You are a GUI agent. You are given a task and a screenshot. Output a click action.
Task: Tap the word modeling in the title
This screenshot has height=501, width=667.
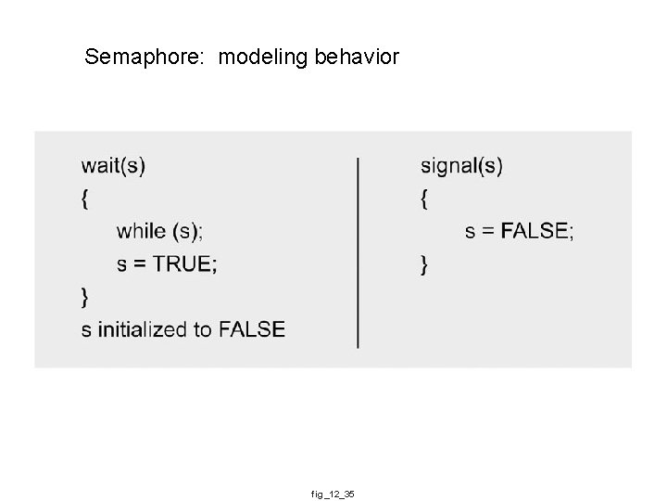point(263,58)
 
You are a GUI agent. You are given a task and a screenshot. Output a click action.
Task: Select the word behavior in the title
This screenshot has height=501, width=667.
point(357,58)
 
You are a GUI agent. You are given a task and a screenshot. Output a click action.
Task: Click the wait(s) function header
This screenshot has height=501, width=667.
point(113,166)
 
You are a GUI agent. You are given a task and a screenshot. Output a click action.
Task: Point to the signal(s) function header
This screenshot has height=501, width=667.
point(461,166)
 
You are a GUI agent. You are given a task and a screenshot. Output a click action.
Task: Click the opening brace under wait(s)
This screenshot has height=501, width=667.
point(85,198)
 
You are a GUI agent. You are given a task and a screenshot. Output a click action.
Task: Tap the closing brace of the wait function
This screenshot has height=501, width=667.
point(85,297)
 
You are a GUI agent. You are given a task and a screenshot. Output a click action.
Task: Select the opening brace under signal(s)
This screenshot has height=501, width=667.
point(424,198)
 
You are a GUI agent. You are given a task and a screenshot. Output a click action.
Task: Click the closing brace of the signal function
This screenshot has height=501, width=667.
point(424,265)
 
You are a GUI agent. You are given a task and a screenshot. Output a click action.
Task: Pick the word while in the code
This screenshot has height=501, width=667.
point(141,231)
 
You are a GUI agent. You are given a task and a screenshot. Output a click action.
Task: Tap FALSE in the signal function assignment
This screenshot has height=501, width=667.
point(535,231)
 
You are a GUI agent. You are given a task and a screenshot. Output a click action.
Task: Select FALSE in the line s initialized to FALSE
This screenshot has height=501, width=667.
point(252,329)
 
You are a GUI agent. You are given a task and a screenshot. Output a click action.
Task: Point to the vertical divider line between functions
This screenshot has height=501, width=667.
point(359,251)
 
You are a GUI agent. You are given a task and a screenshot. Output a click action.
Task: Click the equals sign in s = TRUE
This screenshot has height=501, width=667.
point(138,264)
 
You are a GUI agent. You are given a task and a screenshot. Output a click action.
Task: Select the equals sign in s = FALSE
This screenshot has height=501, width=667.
point(487,231)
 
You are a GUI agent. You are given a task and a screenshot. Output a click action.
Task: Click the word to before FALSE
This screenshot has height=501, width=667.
point(204,329)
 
